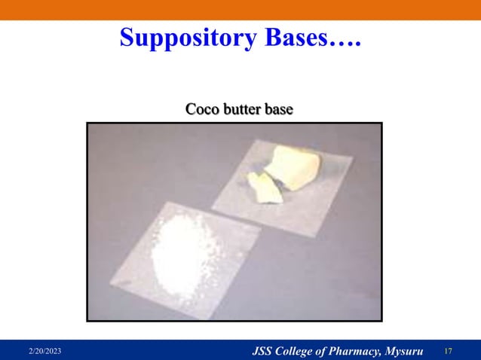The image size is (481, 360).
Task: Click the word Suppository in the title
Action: (179, 37)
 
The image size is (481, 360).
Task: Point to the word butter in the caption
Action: (241, 109)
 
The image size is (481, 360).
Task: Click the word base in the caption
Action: (278, 109)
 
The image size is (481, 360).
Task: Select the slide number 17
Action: (449, 352)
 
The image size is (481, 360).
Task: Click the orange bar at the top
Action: (240, 10)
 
